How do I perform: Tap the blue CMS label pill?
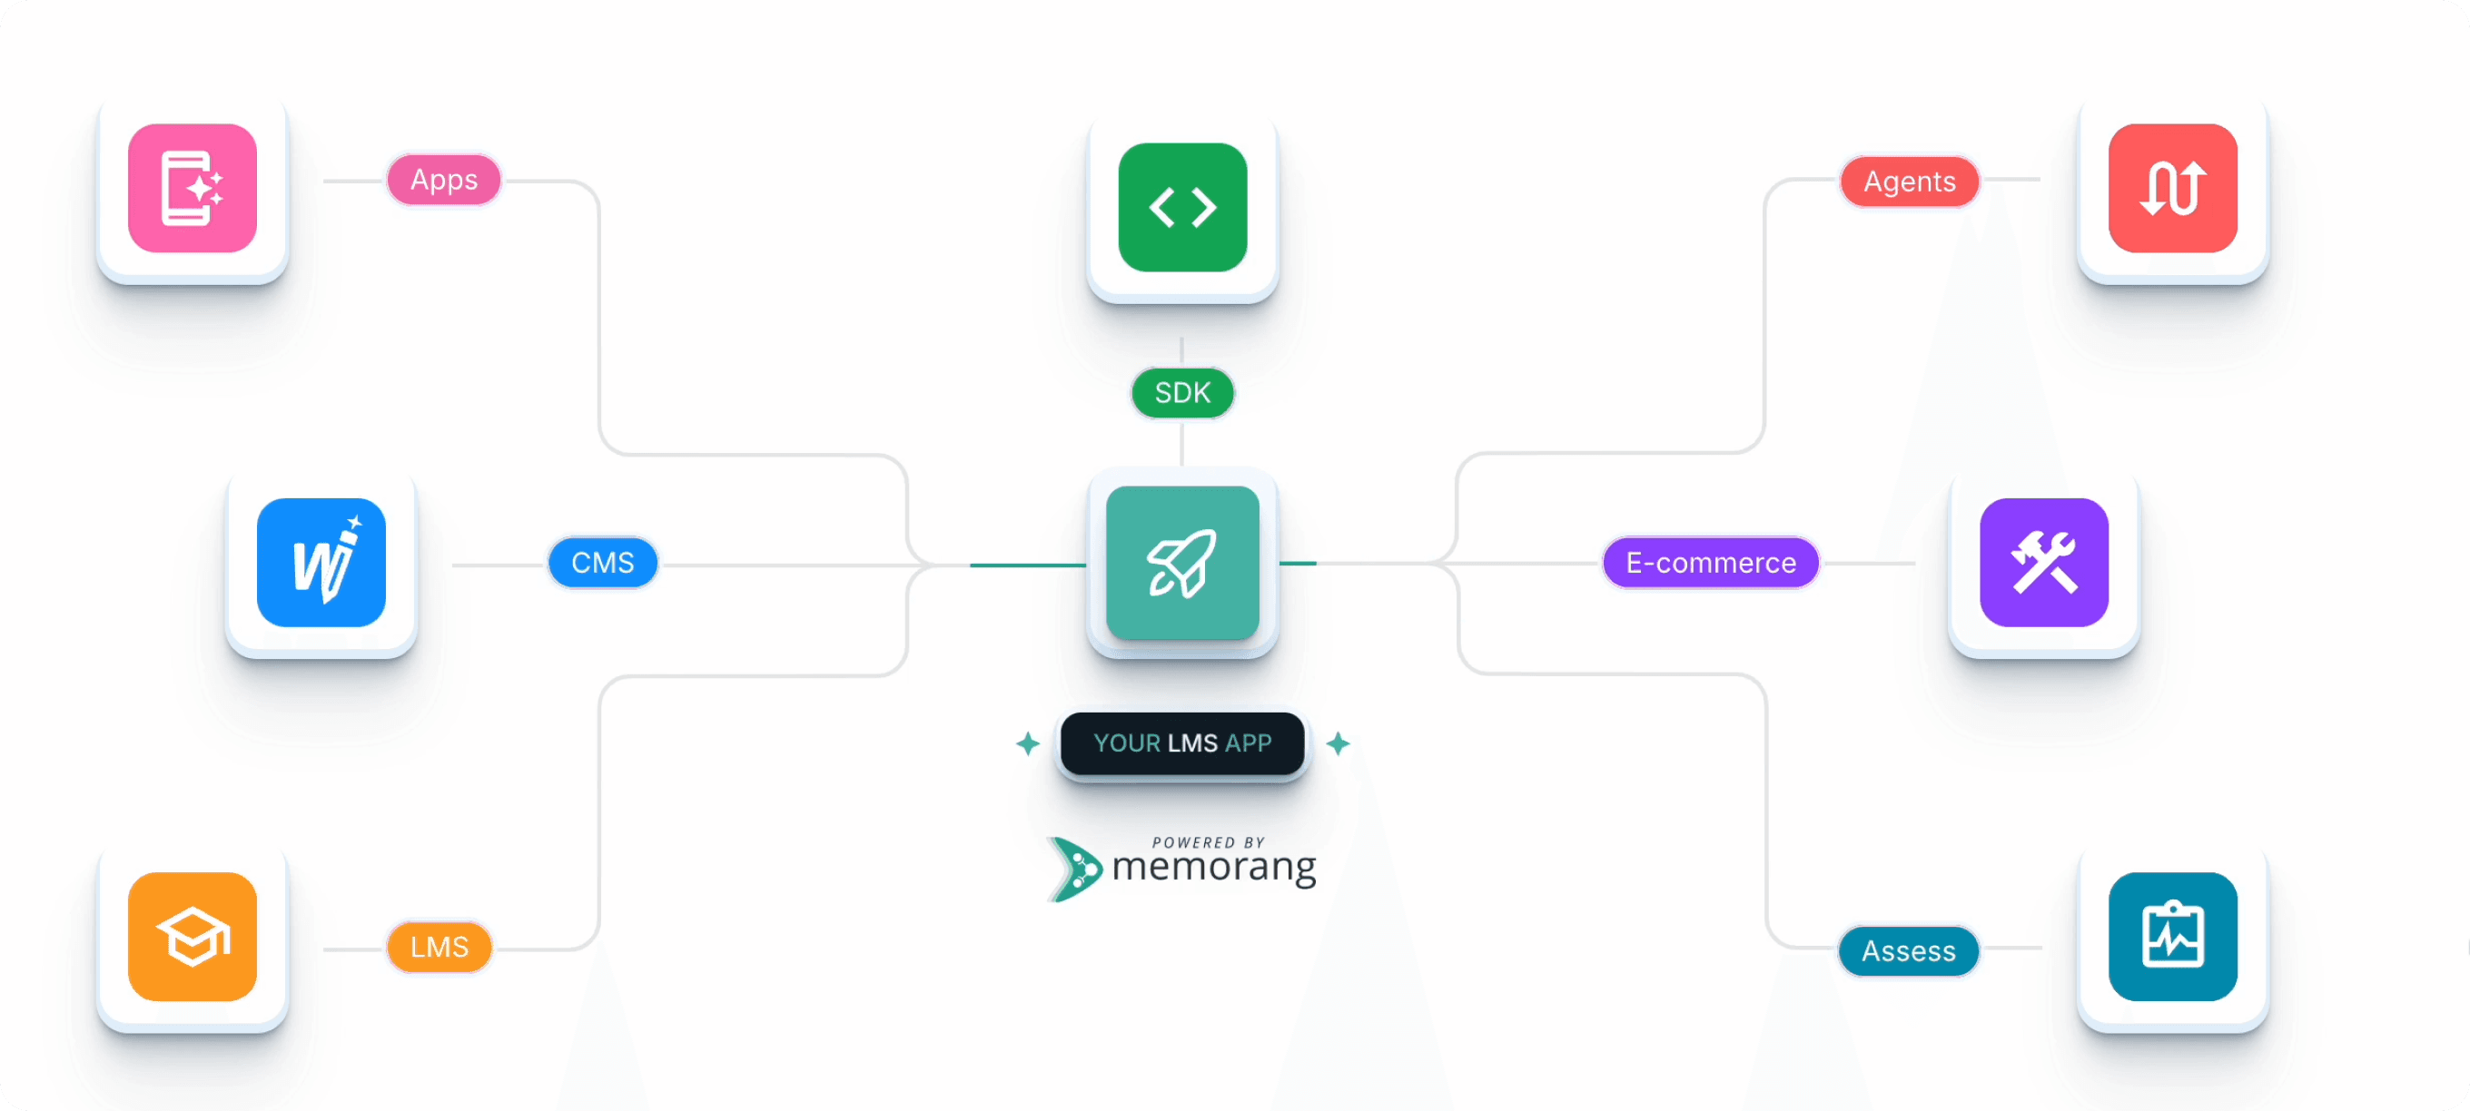(602, 563)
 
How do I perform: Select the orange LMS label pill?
(440, 947)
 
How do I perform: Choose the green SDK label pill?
(1182, 393)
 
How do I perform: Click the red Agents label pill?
(1909, 182)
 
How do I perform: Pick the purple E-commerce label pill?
(1711, 563)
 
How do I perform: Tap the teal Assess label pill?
(1908, 951)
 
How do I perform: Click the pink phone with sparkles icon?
(193, 188)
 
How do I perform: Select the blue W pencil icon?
(321, 563)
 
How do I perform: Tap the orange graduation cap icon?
(193, 937)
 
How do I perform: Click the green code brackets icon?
(1182, 207)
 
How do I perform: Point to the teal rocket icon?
(1182, 563)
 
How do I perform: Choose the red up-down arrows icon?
(2173, 188)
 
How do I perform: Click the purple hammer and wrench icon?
(2044, 563)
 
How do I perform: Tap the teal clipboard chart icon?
(2173, 937)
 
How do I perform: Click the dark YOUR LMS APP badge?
(1182, 742)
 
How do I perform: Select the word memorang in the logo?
(1214, 868)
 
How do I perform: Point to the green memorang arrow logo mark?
(1075, 869)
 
